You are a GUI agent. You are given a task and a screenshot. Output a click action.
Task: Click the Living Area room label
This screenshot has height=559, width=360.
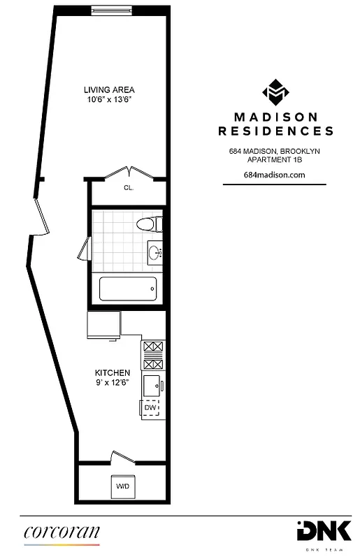109,90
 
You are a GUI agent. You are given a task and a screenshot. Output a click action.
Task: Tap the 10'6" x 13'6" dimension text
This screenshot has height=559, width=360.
109,100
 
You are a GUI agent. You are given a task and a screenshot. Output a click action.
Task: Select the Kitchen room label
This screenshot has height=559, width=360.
113,373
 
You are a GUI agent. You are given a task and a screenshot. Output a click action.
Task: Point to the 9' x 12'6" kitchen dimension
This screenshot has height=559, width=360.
113,383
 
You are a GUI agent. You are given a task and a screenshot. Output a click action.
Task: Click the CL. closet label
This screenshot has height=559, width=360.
129,188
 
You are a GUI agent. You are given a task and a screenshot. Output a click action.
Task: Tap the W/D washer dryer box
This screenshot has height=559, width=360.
122,486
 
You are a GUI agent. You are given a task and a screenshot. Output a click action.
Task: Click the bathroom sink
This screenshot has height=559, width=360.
155,252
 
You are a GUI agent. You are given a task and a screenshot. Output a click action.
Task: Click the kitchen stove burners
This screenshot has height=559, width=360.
152,355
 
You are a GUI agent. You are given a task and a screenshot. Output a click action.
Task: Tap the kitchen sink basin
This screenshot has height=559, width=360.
151,384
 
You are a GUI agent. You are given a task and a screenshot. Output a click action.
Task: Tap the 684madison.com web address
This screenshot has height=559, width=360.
275,175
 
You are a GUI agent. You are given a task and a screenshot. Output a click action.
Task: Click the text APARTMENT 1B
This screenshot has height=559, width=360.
275,159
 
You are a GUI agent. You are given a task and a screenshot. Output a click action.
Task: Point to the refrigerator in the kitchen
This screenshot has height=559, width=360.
103,325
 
